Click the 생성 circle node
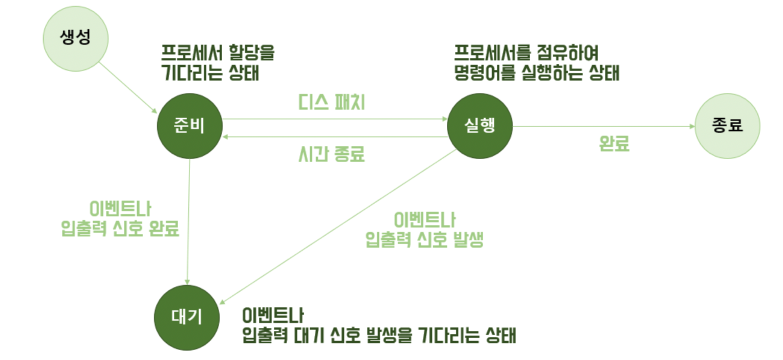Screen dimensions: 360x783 coord(75,38)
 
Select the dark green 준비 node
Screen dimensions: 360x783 coord(189,126)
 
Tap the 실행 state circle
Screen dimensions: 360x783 coord(479,126)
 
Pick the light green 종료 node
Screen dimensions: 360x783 coord(727,126)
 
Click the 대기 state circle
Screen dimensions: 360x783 coord(186,318)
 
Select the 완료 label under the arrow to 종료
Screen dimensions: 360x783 coord(614,144)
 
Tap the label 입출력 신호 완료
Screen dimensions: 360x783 coord(120,228)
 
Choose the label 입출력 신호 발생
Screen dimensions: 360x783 coord(424,240)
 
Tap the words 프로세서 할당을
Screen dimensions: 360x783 coord(218,52)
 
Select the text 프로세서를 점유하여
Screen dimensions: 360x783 coord(526,52)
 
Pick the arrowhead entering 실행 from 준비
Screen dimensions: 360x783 coord(444,119)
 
